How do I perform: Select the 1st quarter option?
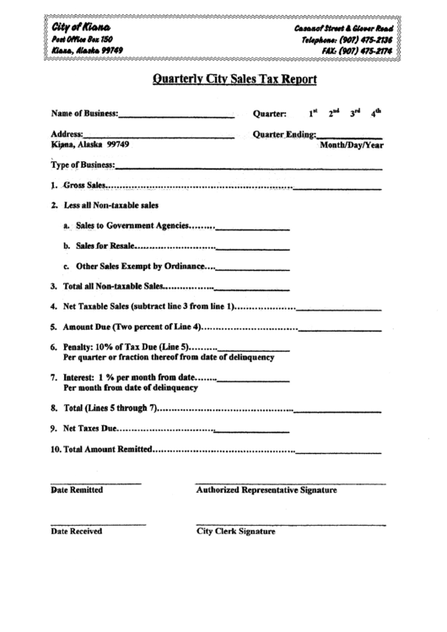pyautogui.click(x=312, y=112)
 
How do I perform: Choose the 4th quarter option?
pyautogui.click(x=376, y=112)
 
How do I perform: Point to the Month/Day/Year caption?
pyautogui.click(x=352, y=145)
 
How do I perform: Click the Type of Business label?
pyautogui.click(x=83, y=165)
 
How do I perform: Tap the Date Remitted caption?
pyautogui.click(x=77, y=489)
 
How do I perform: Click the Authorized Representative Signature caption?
pyautogui.click(x=267, y=489)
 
